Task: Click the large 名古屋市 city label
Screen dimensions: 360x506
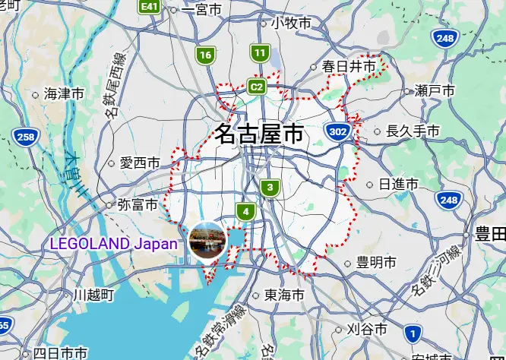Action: [x=258, y=134]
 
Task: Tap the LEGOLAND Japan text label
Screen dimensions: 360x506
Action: [x=114, y=244]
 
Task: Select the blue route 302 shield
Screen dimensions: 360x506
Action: [x=340, y=131]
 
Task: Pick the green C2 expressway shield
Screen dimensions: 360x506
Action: [x=257, y=87]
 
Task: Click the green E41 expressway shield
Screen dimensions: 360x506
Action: [x=149, y=7]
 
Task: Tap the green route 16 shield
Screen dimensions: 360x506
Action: [x=204, y=55]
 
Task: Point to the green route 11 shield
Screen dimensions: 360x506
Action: [x=260, y=52]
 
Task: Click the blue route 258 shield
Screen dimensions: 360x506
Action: [x=25, y=137]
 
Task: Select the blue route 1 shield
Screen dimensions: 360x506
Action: [x=412, y=333]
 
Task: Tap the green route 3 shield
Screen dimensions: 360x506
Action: [x=269, y=187]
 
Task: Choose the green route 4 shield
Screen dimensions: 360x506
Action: [x=244, y=212]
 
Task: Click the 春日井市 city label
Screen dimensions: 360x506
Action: [x=349, y=67]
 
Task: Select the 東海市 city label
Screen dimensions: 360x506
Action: [x=283, y=295]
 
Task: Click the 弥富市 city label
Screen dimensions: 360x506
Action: [x=138, y=204]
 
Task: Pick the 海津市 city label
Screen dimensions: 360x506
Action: [x=64, y=94]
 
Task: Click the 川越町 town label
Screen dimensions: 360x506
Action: [x=93, y=295]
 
